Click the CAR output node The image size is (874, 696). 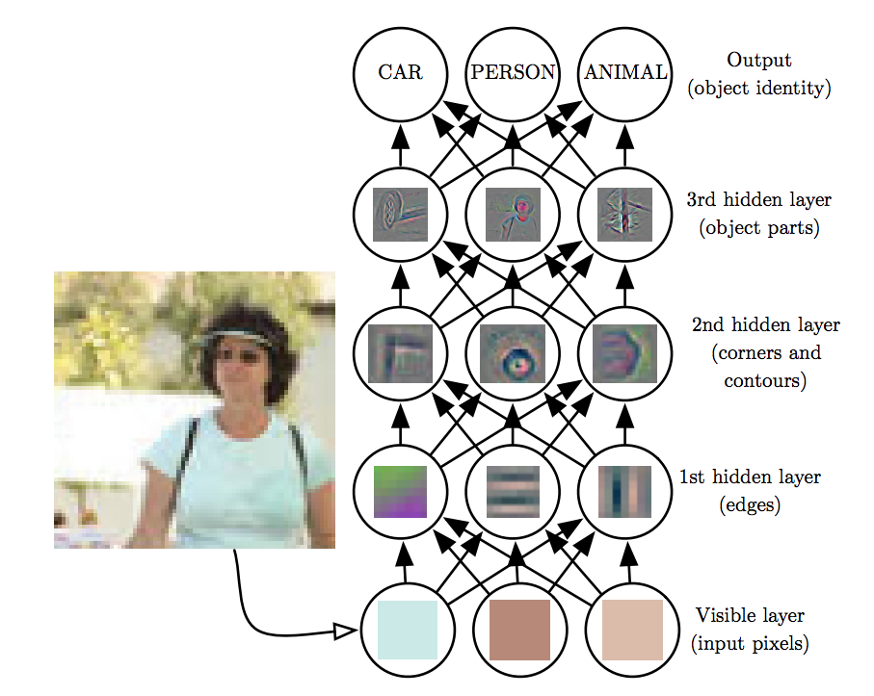click(400, 73)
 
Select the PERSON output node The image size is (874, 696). click(512, 73)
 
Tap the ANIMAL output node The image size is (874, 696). click(624, 73)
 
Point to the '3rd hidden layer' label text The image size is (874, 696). click(758, 200)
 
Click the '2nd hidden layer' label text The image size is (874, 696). click(765, 324)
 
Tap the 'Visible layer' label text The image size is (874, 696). click(750, 615)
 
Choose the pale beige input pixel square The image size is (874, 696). click(632, 631)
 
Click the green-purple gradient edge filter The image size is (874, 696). click(400, 491)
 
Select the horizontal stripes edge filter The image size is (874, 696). click(513, 491)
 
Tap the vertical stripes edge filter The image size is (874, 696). click(624, 491)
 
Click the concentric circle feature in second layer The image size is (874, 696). click(513, 351)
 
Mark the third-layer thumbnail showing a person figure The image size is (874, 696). click(513, 213)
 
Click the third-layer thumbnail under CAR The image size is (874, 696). click(400, 213)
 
